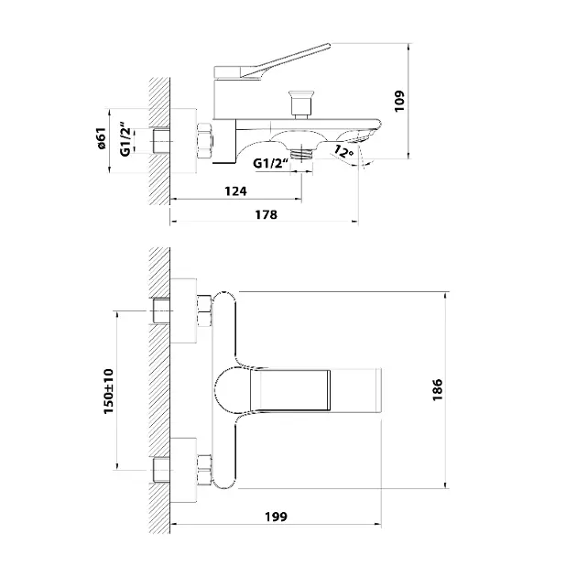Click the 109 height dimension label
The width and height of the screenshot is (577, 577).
click(x=399, y=101)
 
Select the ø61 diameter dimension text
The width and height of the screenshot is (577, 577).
click(x=102, y=138)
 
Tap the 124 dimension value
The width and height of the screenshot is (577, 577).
click(x=236, y=191)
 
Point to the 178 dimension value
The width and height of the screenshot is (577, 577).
click(x=266, y=214)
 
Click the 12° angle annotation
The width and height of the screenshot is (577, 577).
click(x=344, y=151)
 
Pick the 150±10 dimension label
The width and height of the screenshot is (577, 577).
click(x=109, y=391)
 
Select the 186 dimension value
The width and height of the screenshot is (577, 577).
click(x=438, y=389)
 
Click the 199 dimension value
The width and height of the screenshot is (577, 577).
click(x=276, y=517)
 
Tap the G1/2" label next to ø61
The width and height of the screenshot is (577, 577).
click(x=125, y=139)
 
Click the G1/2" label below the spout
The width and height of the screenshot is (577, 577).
click(x=270, y=163)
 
